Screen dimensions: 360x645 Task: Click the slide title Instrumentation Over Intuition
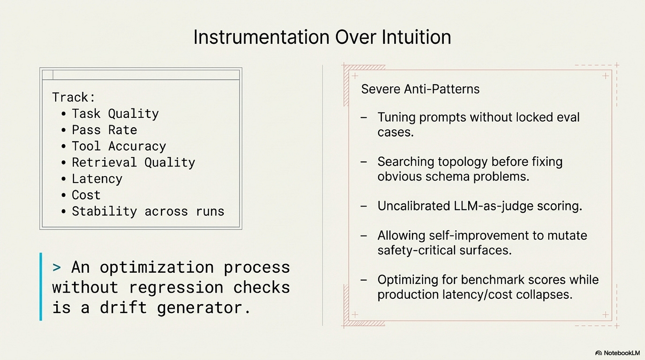pyautogui.click(x=322, y=37)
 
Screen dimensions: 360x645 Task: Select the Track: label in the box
pyautogui.click(x=74, y=97)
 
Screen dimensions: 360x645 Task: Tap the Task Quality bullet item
pyautogui.click(x=115, y=114)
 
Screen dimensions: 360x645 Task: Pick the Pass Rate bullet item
pyautogui.click(x=104, y=130)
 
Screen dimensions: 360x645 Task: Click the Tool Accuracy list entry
pyautogui.click(x=119, y=146)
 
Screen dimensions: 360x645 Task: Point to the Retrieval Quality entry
pyautogui.click(x=133, y=163)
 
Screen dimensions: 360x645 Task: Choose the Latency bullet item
pyautogui.click(x=97, y=179)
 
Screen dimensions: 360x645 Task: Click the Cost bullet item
pyautogui.click(x=86, y=195)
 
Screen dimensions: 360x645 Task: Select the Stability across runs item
pyautogui.click(x=148, y=211)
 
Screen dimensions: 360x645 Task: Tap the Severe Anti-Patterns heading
pyautogui.click(x=420, y=89)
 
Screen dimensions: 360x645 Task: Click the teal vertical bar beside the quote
pyautogui.click(x=41, y=286)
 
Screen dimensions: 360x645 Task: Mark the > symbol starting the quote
pyautogui.click(x=57, y=267)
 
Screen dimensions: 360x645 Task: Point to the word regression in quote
pyautogui.click(x=176, y=287)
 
